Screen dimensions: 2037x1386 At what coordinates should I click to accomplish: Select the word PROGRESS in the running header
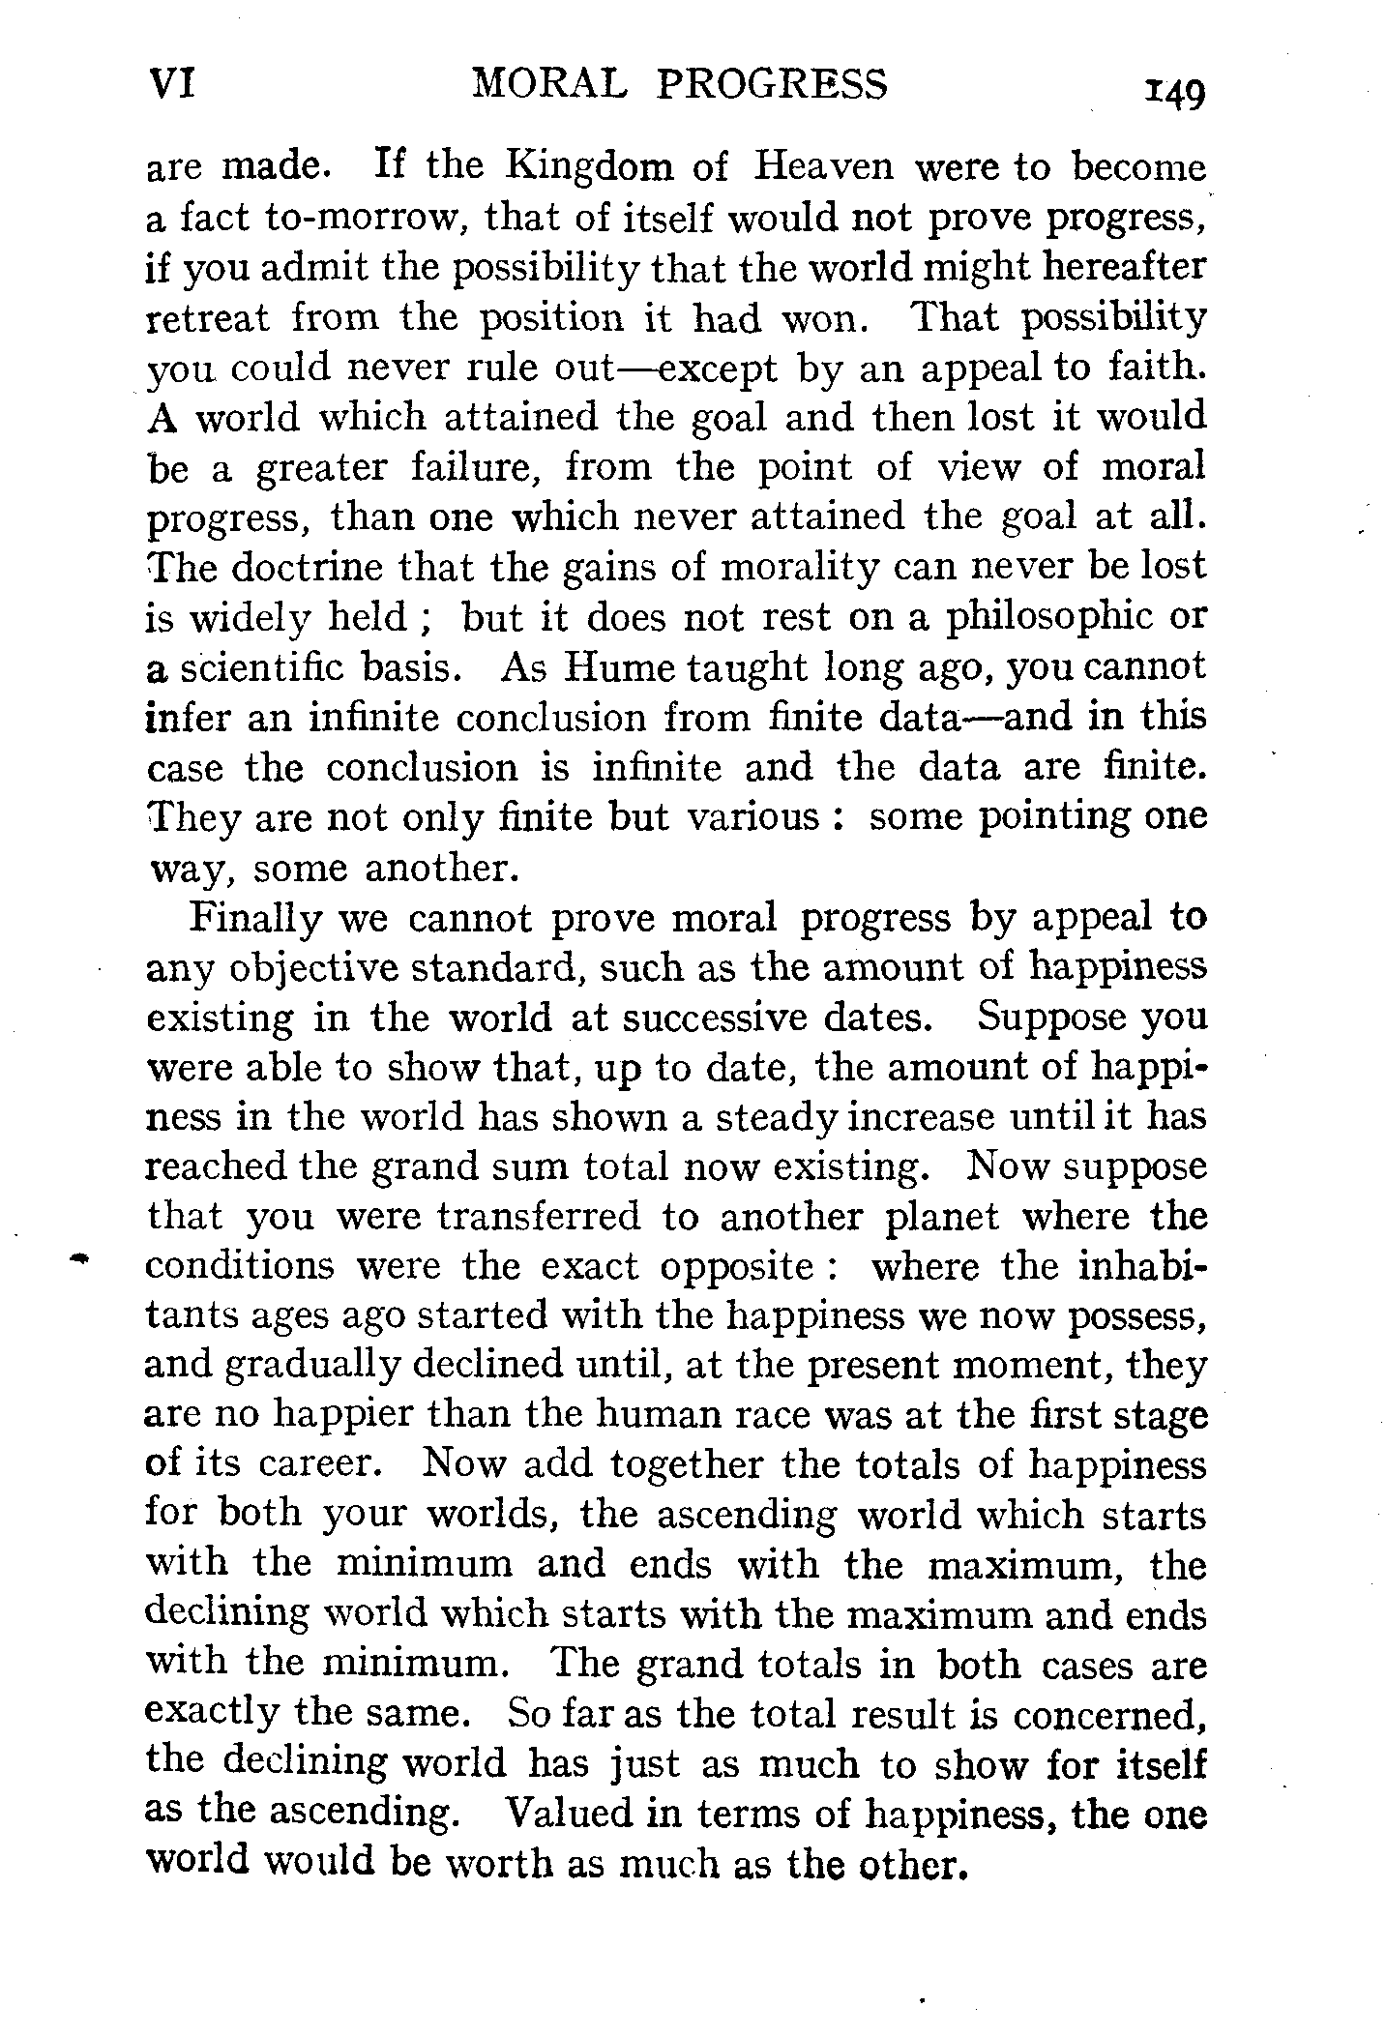click(x=772, y=85)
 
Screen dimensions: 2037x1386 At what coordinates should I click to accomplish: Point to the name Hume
click(x=608, y=667)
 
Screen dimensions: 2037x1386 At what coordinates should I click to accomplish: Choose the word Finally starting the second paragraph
click(x=253, y=917)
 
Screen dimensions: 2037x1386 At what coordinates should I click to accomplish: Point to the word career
click(x=315, y=1463)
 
